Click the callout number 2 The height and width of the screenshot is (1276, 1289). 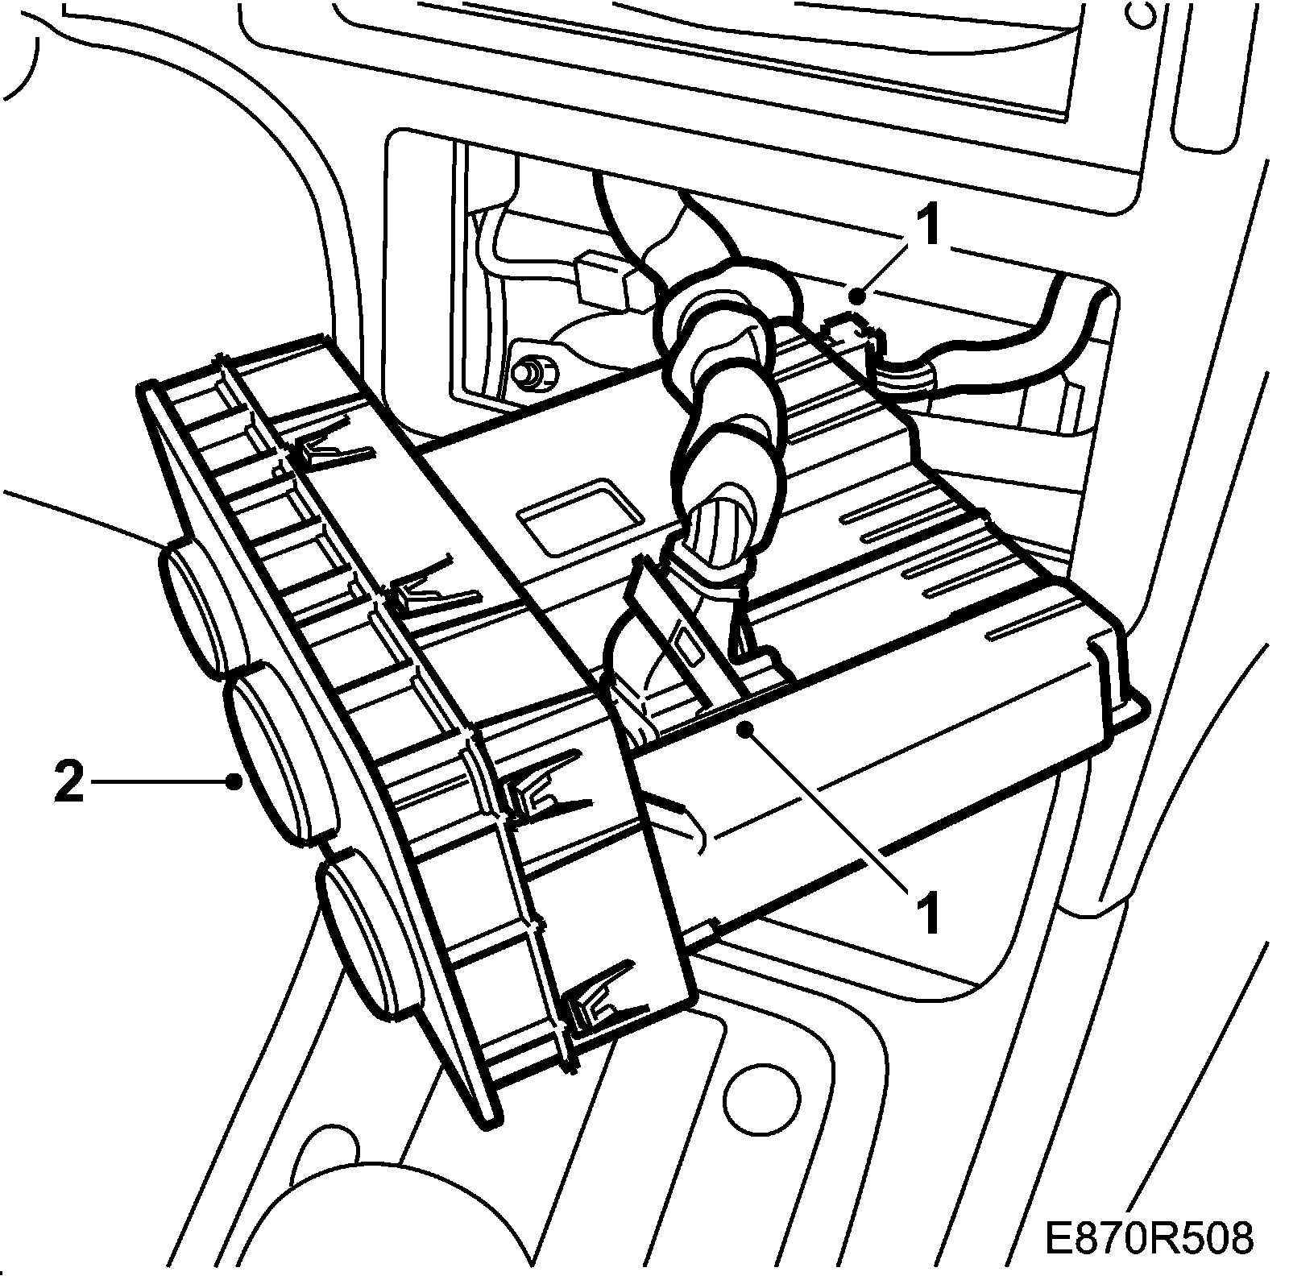[69, 782]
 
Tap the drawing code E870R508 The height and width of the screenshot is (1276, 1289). [1150, 1238]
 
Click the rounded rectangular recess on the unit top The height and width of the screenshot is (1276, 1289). [575, 517]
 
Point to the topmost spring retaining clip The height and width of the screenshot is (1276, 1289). [330, 456]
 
